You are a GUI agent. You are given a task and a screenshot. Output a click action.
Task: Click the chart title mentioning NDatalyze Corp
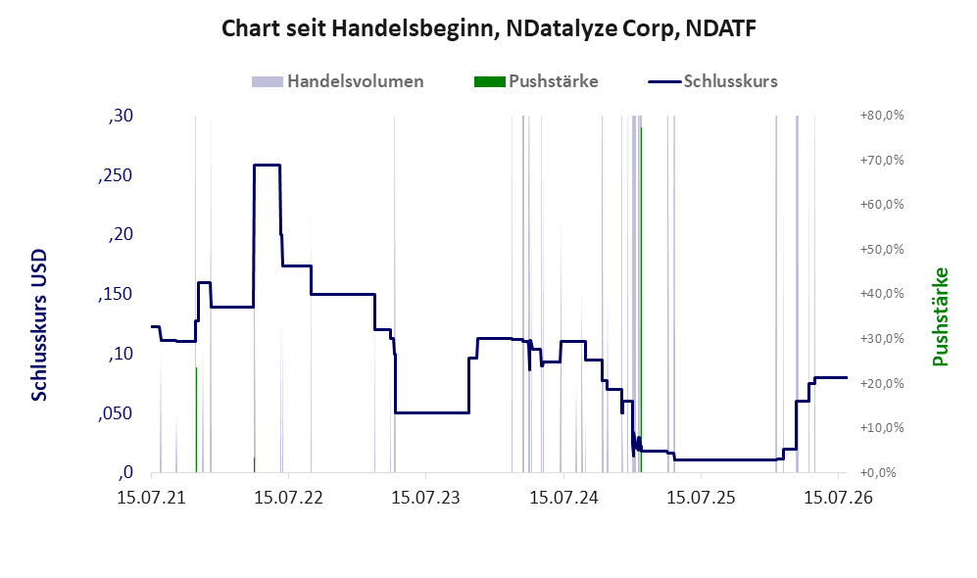coord(489,28)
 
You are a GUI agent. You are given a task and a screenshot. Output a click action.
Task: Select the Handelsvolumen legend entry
coord(338,81)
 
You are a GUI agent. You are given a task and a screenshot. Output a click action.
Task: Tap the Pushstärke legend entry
coord(536,81)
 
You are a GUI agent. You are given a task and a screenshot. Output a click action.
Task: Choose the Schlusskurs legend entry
coord(712,81)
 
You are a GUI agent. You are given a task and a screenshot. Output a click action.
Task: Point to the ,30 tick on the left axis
coord(121,116)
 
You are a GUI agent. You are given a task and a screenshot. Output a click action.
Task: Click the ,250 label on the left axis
coord(116,175)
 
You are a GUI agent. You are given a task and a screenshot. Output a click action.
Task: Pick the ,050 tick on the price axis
coord(116,413)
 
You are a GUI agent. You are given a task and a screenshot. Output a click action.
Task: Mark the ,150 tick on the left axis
coord(116,295)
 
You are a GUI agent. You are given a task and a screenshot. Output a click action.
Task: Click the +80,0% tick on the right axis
coord(882,116)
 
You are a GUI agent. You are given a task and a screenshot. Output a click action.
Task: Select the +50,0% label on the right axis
coord(882,250)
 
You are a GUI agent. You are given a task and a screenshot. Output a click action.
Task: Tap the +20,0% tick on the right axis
coord(882,384)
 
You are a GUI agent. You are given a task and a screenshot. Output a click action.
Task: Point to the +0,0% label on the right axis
coord(885,473)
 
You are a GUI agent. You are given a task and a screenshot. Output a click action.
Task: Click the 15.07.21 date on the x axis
coord(152,499)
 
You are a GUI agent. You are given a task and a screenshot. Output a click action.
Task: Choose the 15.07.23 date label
coord(425,499)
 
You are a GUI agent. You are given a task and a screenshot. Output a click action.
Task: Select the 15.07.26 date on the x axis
coord(838,499)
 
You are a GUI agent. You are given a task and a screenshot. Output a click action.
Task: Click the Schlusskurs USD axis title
coord(39,325)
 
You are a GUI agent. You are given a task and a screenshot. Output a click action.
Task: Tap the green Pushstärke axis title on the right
coord(940,317)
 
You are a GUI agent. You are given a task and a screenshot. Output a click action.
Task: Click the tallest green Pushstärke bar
coord(641,300)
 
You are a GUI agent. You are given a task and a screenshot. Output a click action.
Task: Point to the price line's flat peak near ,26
coord(267,165)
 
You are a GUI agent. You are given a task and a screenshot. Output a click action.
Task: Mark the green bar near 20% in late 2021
coord(196,420)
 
